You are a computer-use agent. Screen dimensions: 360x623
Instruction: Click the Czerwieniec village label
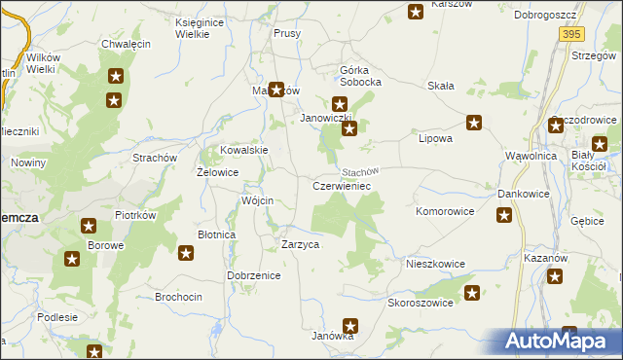coord(341,185)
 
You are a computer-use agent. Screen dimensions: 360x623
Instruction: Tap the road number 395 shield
coord(571,33)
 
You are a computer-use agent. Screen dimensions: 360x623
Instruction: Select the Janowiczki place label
coord(326,119)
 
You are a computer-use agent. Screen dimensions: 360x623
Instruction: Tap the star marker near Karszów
coord(416,12)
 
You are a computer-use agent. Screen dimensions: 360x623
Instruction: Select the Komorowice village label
coord(445,210)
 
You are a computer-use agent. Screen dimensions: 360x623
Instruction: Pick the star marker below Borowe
coord(72,259)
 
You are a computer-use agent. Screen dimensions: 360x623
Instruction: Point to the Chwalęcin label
coord(125,45)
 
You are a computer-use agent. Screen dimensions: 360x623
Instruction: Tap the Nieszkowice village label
coord(435,264)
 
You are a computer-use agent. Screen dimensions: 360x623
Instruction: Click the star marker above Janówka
coord(350,327)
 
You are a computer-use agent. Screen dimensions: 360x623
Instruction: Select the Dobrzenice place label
coord(254,275)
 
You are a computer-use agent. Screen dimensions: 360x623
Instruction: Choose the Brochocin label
coord(179,296)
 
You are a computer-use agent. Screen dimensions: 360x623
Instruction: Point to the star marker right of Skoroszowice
coord(473,293)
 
